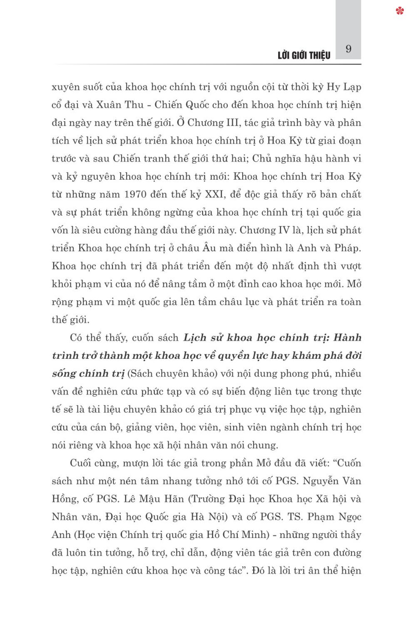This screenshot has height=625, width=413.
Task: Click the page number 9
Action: (x=348, y=49)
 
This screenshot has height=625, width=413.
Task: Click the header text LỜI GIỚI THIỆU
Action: (x=304, y=55)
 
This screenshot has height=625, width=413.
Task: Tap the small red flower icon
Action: (x=400, y=10)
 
